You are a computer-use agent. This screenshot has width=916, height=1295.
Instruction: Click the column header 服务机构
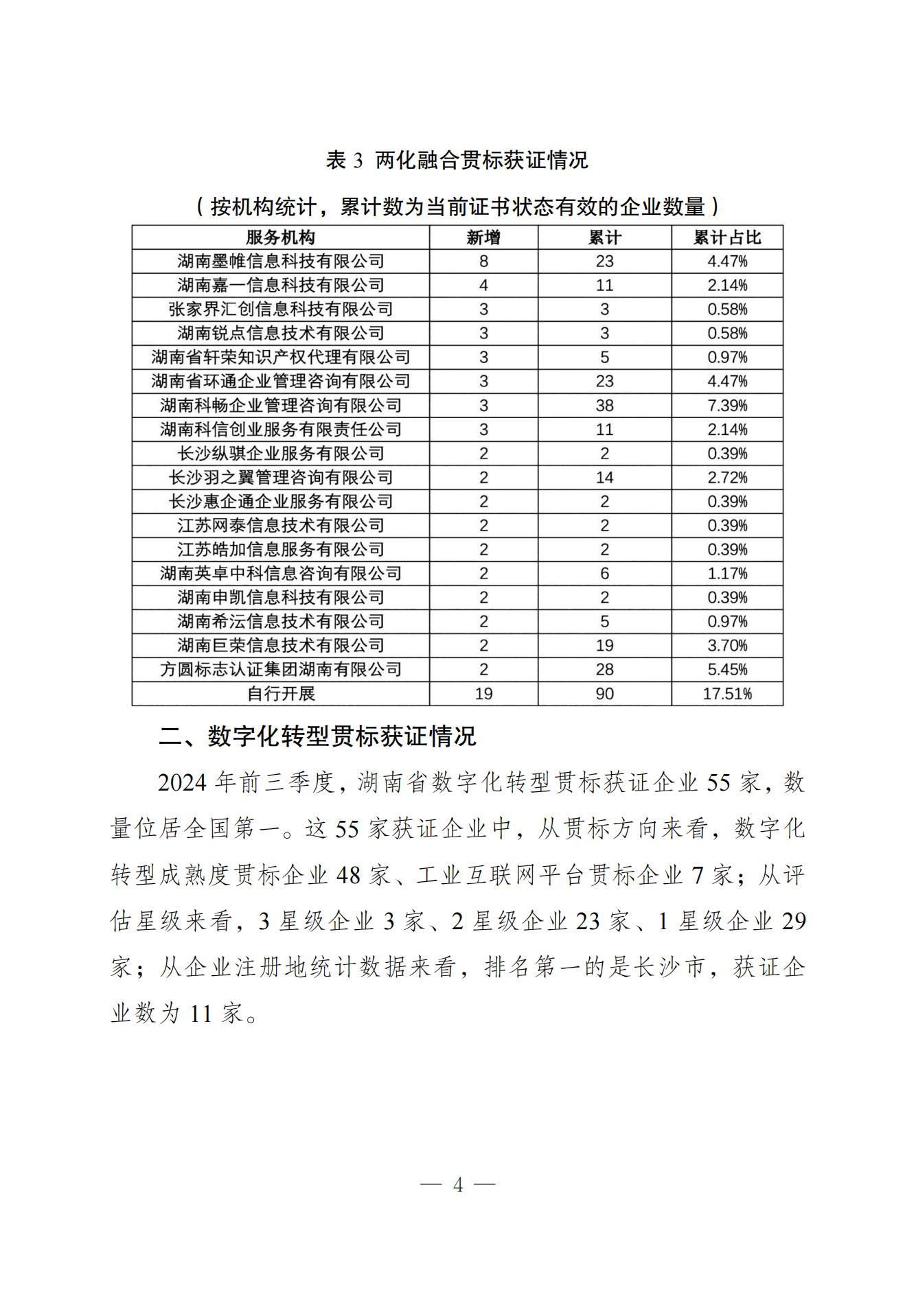280,237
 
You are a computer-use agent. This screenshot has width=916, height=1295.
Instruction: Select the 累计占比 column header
727,237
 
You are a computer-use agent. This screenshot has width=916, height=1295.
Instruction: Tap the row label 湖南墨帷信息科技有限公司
280,261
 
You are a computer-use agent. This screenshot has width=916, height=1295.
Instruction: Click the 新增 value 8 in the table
483,261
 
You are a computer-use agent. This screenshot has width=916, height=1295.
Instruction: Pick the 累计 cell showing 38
604,406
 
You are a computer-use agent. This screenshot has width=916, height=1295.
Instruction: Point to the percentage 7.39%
727,406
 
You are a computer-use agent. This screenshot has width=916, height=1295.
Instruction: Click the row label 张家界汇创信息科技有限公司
280,310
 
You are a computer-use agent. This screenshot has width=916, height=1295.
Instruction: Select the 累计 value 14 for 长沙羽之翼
604,478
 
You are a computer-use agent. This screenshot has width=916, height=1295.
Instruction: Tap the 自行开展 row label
280,694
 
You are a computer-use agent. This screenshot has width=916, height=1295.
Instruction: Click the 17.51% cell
727,694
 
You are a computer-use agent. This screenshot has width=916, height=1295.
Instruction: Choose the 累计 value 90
604,694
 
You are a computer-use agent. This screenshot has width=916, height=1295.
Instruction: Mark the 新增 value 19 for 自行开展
483,694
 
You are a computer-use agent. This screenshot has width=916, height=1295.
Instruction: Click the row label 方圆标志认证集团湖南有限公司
280,670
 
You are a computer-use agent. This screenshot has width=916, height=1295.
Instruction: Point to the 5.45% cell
727,670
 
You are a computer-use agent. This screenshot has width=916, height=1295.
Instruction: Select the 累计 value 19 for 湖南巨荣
604,646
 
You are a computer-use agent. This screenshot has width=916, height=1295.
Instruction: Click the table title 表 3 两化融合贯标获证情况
457,161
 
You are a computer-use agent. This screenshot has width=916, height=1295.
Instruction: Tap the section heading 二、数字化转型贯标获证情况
317,736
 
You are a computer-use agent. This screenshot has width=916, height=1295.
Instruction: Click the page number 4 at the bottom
458,1185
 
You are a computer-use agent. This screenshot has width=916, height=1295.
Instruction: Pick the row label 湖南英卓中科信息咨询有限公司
280,574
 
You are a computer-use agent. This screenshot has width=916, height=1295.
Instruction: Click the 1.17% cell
727,574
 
